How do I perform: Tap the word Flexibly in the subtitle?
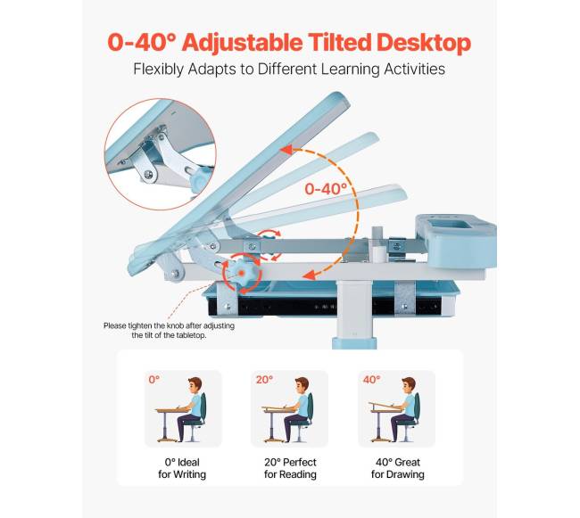pyautogui.click(x=158, y=69)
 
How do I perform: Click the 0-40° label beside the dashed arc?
pyautogui.click(x=326, y=189)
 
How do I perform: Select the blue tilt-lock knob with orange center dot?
pyautogui.click(x=242, y=273)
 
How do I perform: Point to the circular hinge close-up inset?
pyautogui.click(x=160, y=154)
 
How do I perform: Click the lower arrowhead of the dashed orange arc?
pyautogui.click(x=310, y=275)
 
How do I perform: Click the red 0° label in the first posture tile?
pyautogui.click(x=154, y=380)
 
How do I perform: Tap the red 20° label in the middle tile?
pyautogui.click(x=264, y=380)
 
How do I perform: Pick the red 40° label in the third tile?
pyautogui.click(x=371, y=380)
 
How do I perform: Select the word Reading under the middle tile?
pyautogui.click(x=298, y=474)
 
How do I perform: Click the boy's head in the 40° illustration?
pyautogui.click(x=409, y=385)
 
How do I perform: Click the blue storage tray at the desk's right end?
pyautogui.click(x=456, y=240)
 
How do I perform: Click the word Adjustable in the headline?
pyautogui.click(x=242, y=43)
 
